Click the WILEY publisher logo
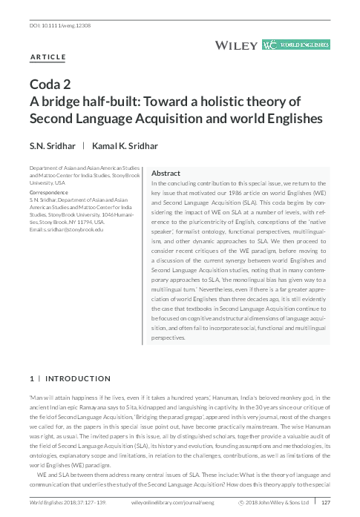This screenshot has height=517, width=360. pyautogui.click(x=236, y=45)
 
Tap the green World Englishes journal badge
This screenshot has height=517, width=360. pyautogui.click(x=296, y=45)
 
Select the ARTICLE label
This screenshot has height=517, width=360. pyautogui.click(x=48, y=57)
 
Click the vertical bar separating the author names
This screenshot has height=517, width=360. pyautogui.click(x=83, y=146)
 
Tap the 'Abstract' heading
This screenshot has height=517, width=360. pyautogui.click(x=166, y=173)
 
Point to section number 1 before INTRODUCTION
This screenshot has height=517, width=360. pyautogui.click(x=31, y=378)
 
